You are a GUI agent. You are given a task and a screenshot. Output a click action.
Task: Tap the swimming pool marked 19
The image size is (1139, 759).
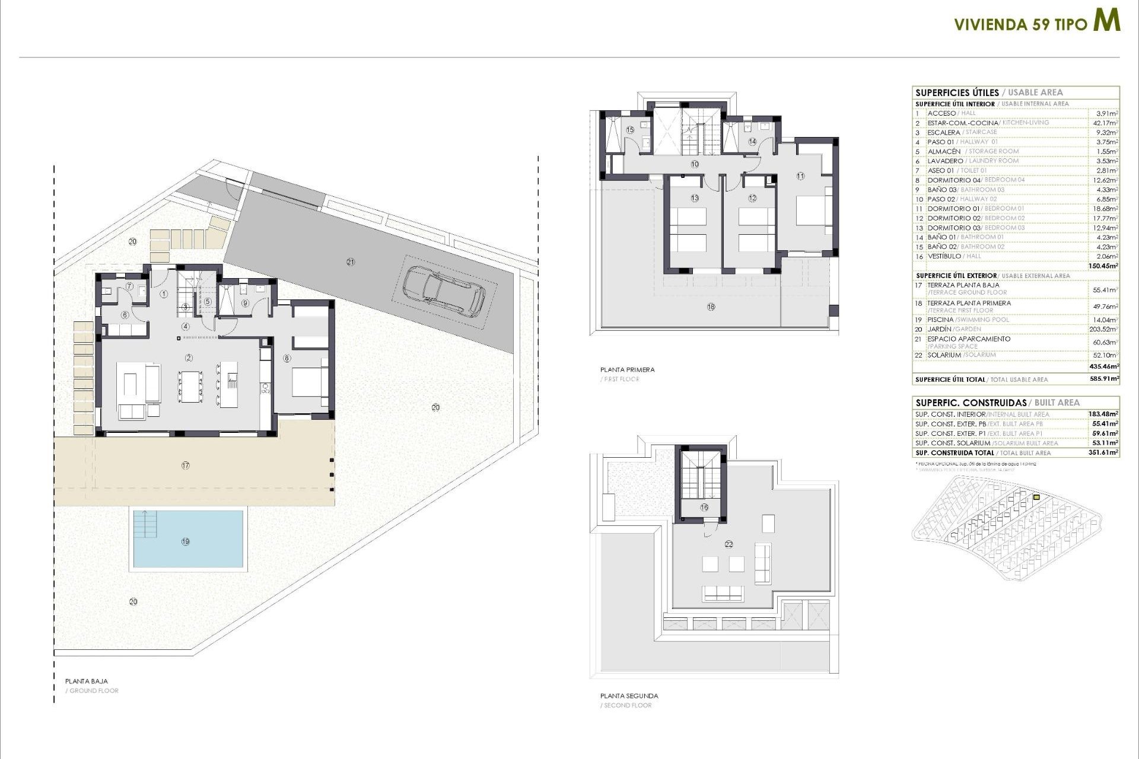coord(188,540)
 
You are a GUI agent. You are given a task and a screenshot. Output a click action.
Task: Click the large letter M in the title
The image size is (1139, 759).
coord(1107,21)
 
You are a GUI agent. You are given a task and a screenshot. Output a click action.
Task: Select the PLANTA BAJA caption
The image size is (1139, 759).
coord(87,681)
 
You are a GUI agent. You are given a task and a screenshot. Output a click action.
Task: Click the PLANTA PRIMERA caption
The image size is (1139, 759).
coord(627,369)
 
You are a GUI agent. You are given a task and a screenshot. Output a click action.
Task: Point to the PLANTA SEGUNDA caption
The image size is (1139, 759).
coord(629,696)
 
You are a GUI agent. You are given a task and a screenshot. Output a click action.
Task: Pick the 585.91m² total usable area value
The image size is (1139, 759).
coord(1103,379)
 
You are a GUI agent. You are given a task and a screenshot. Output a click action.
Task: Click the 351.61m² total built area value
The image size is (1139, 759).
coord(1103,452)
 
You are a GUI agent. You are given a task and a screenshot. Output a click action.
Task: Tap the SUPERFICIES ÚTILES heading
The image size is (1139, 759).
coord(957,93)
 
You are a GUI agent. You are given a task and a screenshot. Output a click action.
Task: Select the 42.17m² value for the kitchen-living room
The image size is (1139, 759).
coord(1105,123)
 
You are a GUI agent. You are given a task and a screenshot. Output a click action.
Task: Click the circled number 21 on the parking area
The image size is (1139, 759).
coord(351,261)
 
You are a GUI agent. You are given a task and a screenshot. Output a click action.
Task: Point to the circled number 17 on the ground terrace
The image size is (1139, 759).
coord(186,465)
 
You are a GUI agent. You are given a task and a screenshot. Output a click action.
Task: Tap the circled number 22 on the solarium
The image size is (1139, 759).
coord(729,544)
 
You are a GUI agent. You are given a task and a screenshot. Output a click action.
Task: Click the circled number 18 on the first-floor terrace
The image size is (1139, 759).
coord(711,307)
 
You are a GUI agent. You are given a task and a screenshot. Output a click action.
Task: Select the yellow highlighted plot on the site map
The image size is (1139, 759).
coord(1036,498)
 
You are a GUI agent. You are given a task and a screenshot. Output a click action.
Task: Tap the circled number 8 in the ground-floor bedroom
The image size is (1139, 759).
coord(287,358)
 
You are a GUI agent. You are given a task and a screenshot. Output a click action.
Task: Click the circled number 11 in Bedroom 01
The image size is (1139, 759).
coord(800,176)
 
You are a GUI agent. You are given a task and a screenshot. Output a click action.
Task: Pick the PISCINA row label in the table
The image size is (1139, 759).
coord(940,320)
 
